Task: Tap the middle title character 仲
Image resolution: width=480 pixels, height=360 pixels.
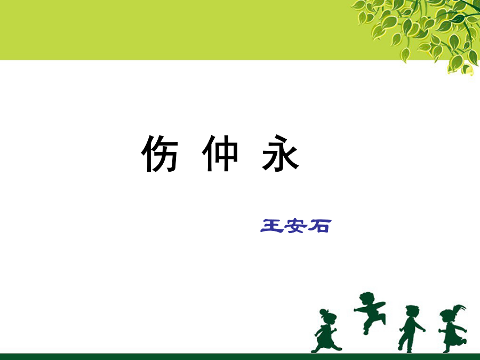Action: (220, 153)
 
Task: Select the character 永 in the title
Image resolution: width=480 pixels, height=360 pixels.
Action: (281, 153)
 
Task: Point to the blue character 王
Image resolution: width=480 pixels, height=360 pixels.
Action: (271, 226)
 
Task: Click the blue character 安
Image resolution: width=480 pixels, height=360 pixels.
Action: (295, 226)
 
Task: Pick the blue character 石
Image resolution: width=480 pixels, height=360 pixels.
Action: (319, 226)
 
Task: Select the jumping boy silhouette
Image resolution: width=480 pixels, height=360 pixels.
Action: (370, 312)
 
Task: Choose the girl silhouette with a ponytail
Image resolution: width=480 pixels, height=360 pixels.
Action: (452, 329)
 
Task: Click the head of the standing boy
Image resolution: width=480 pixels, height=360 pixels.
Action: (412, 311)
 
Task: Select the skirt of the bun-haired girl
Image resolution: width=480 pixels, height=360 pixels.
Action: (324, 337)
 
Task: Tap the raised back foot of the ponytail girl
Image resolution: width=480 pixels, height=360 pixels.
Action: (464, 341)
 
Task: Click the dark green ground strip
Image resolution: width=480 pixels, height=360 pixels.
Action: (240, 357)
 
